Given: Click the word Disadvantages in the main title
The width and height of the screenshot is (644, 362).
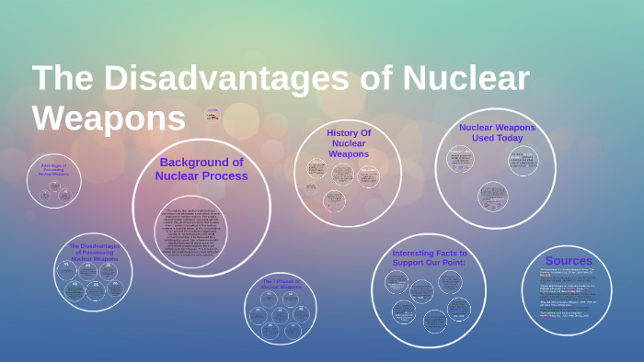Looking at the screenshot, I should click(224, 79).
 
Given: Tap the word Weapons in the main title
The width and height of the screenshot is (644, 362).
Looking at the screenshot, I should click(109, 118).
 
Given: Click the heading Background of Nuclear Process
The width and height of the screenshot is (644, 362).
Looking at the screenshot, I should click(201, 169).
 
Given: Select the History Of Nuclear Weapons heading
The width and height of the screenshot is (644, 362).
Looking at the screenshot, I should click(349, 143).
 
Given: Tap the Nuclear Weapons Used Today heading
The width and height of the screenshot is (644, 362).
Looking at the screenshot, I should click(497, 132).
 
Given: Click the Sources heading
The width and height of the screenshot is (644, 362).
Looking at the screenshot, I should click(568, 261).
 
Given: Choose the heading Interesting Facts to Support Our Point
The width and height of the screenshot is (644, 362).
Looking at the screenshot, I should click(430, 258).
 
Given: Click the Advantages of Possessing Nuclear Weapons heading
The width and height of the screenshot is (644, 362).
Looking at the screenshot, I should click(53, 169).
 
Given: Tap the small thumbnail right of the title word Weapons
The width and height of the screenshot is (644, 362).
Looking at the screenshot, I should click(213, 115).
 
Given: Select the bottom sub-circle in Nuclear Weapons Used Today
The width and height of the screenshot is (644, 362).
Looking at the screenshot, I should click(493, 195).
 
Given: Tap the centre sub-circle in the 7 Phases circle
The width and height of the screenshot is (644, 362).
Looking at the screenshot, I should click(281, 315).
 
